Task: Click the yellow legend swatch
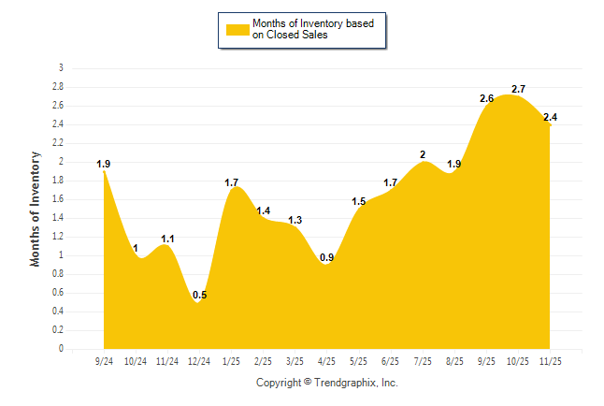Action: click(237, 29)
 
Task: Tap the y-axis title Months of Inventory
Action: click(36, 209)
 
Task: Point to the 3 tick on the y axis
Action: click(61, 68)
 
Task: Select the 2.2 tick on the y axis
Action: click(58, 143)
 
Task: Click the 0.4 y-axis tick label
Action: click(58, 312)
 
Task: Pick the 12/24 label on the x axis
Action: click(199, 360)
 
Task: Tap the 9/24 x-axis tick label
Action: click(104, 360)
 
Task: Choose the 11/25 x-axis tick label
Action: click(550, 360)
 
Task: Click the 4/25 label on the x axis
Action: click(327, 360)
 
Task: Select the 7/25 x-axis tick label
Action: click(423, 360)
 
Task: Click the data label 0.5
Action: click(199, 296)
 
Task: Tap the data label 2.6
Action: click(486, 98)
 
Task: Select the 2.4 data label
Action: click(550, 117)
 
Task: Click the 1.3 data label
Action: click(295, 220)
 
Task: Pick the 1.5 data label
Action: click(359, 201)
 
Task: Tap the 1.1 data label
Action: click(167, 239)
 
